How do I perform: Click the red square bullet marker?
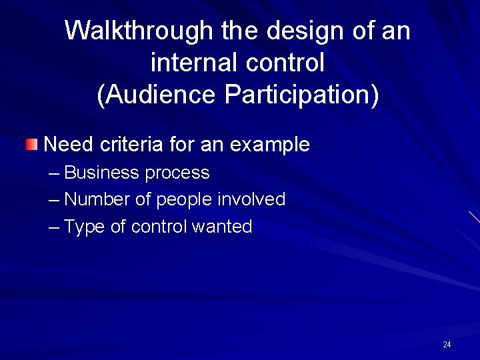(32, 144)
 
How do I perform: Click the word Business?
(102, 173)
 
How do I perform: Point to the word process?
(177, 173)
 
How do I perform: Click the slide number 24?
(447, 345)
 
